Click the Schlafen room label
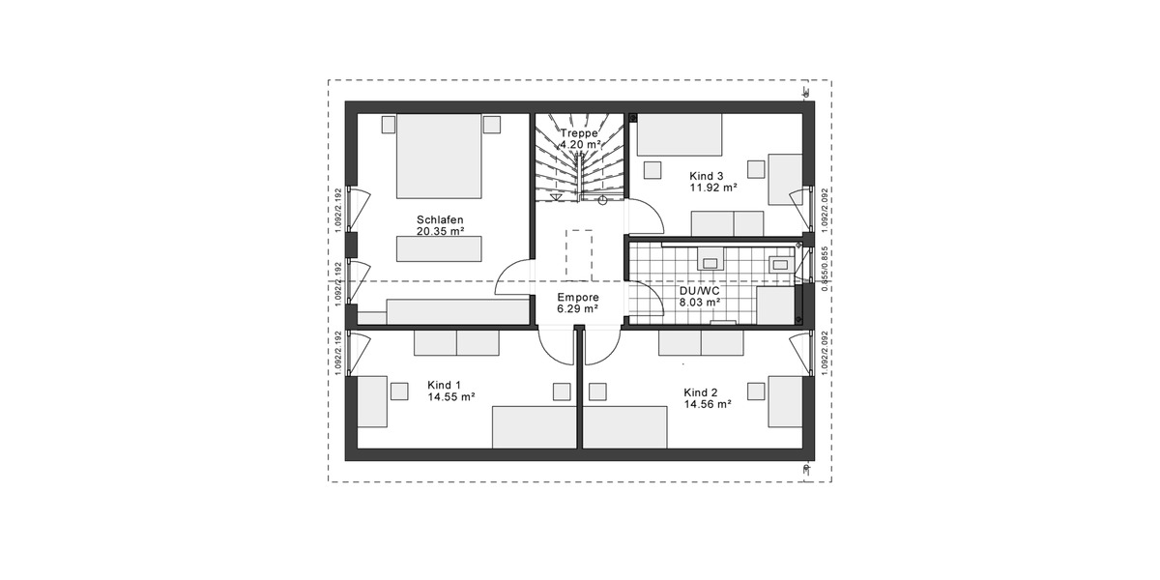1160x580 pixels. tap(440, 218)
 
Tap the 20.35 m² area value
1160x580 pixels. tap(440, 232)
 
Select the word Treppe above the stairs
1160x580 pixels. tap(578, 132)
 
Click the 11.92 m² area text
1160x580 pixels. tap(712, 188)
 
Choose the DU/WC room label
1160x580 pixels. tap(700, 289)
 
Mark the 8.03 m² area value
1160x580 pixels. tap(700, 302)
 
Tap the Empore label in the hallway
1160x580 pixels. tap(578, 297)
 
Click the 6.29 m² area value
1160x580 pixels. tap(578, 309)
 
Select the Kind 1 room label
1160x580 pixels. tap(444, 384)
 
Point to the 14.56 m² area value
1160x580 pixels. tap(707, 405)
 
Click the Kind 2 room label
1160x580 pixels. tap(700, 392)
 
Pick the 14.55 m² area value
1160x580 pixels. tap(450, 396)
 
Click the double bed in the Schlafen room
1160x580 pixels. tap(440, 155)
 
